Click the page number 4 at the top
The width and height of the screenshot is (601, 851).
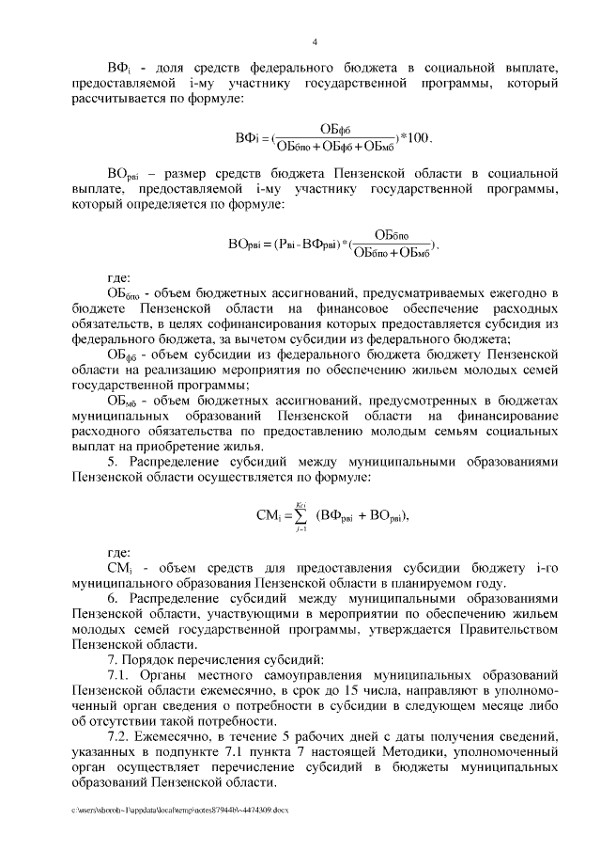(315, 42)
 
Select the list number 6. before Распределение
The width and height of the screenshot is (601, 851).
(114, 598)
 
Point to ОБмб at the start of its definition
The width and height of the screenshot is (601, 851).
(122, 400)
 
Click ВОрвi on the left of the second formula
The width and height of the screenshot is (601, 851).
(247, 244)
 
